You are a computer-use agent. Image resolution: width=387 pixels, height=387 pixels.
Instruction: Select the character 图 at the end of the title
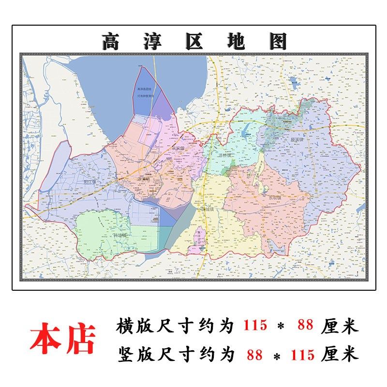click(x=277, y=42)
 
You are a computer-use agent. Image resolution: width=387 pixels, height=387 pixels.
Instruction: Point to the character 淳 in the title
click(x=153, y=42)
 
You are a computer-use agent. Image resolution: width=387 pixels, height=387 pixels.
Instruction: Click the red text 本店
click(x=63, y=339)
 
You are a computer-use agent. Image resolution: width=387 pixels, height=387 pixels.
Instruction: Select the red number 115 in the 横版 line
click(x=255, y=326)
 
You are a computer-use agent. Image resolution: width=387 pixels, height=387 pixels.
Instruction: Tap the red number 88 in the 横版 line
click(x=306, y=326)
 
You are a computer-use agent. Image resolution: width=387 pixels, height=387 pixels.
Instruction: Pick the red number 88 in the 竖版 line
click(x=254, y=356)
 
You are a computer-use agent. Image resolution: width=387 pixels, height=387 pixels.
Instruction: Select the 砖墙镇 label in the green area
click(x=119, y=236)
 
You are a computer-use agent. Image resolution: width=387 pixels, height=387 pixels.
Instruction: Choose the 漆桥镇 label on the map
click(x=224, y=156)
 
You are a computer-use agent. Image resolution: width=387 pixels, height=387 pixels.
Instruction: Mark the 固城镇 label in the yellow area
click(x=206, y=208)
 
